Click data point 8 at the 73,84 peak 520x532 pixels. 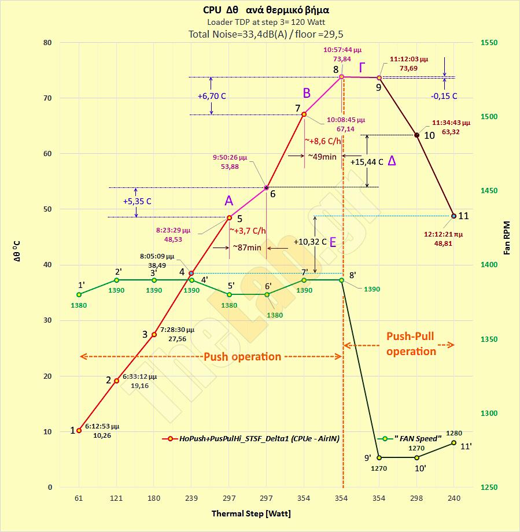341,76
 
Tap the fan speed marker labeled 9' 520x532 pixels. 379,457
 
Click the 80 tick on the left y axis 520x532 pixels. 47,43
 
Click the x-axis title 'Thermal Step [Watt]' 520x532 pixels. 251,513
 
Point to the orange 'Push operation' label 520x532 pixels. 242,356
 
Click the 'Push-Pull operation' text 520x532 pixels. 411,343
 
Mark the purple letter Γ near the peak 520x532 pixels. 362,68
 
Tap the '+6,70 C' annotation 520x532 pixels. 211,96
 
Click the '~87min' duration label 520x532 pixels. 247,247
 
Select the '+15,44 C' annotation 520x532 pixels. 366,162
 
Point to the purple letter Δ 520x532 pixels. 392,161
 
